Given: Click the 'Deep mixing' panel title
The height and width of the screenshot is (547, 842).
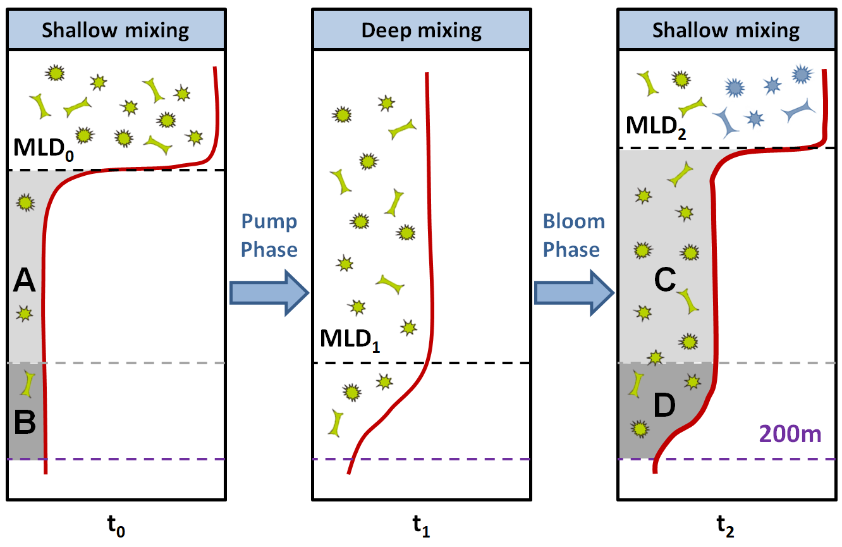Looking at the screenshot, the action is [421, 31].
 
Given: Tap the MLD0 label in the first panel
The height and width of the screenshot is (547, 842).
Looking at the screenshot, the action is [44, 149].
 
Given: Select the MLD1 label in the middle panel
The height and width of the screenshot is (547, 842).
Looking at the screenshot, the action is [350, 340].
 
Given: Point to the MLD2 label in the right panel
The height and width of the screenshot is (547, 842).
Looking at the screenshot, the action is [656, 126].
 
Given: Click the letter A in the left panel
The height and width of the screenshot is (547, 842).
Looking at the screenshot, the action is [25, 280].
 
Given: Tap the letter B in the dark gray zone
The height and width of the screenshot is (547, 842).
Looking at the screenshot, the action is [25, 422].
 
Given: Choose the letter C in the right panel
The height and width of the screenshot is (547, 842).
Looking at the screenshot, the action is [665, 280].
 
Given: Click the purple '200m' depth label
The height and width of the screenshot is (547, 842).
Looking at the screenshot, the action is [790, 434].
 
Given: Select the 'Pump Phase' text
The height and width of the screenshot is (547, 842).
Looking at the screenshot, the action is [269, 236].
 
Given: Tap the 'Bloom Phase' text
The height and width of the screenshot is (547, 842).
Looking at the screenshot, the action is [573, 236].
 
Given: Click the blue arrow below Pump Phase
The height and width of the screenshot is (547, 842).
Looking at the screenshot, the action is [269, 293].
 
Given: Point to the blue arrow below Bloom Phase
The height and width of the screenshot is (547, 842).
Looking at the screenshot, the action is [574, 293].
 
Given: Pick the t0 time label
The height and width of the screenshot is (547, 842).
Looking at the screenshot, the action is [116, 525].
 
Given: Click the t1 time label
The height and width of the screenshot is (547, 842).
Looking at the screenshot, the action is [421, 525].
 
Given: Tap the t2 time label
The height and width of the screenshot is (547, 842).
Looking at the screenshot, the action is [726, 525].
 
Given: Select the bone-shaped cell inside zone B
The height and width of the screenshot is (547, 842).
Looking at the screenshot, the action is [28, 384].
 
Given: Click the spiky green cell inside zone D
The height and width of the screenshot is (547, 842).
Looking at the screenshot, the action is [640, 429].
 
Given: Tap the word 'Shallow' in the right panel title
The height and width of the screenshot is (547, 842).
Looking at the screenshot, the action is [690, 30].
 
